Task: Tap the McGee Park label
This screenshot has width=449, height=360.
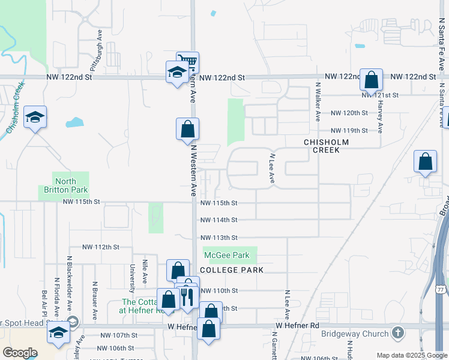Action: [x=229, y=255]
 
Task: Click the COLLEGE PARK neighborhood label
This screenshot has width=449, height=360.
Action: [x=232, y=270]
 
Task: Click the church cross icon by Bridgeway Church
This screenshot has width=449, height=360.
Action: [x=397, y=332]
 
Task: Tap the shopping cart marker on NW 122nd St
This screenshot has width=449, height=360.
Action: [x=188, y=62]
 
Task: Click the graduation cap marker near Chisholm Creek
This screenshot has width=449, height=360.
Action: [x=35, y=117]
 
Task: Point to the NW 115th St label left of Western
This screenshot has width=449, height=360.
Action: [x=80, y=202]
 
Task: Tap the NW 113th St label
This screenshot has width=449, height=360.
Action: [x=218, y=238]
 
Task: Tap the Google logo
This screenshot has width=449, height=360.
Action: [x=20, y=352]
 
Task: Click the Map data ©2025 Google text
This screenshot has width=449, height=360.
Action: [x=411, y=355]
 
